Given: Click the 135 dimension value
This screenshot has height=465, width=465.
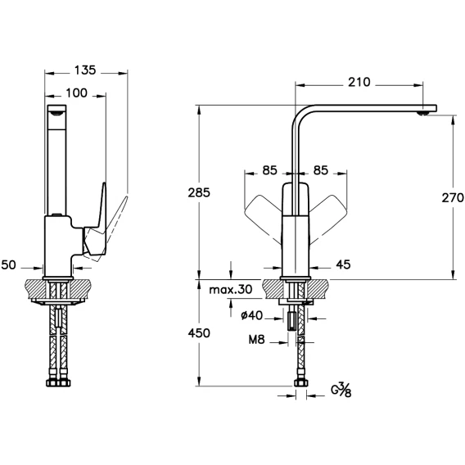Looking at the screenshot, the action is click(x=85, y=70).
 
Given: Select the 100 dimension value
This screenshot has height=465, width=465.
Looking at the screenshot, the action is click(x=76, y=93).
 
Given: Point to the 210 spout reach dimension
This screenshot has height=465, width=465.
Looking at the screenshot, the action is click(x=359, y=82).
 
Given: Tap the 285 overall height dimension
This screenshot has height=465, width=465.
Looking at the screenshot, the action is click(x=199, y=192).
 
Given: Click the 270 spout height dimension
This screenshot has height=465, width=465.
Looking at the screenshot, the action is click(x=453, y=197).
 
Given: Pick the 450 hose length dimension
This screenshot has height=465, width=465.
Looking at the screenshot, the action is click(x=199, y=333).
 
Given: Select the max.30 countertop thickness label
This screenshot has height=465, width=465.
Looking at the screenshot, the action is click(x=231, y=290).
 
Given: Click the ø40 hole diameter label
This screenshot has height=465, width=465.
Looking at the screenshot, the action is click(x=252, y=315).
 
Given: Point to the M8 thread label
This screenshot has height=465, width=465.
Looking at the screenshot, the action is click(x=256, y=340).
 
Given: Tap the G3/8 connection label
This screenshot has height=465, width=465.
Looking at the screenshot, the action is click(x=341, y=390).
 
